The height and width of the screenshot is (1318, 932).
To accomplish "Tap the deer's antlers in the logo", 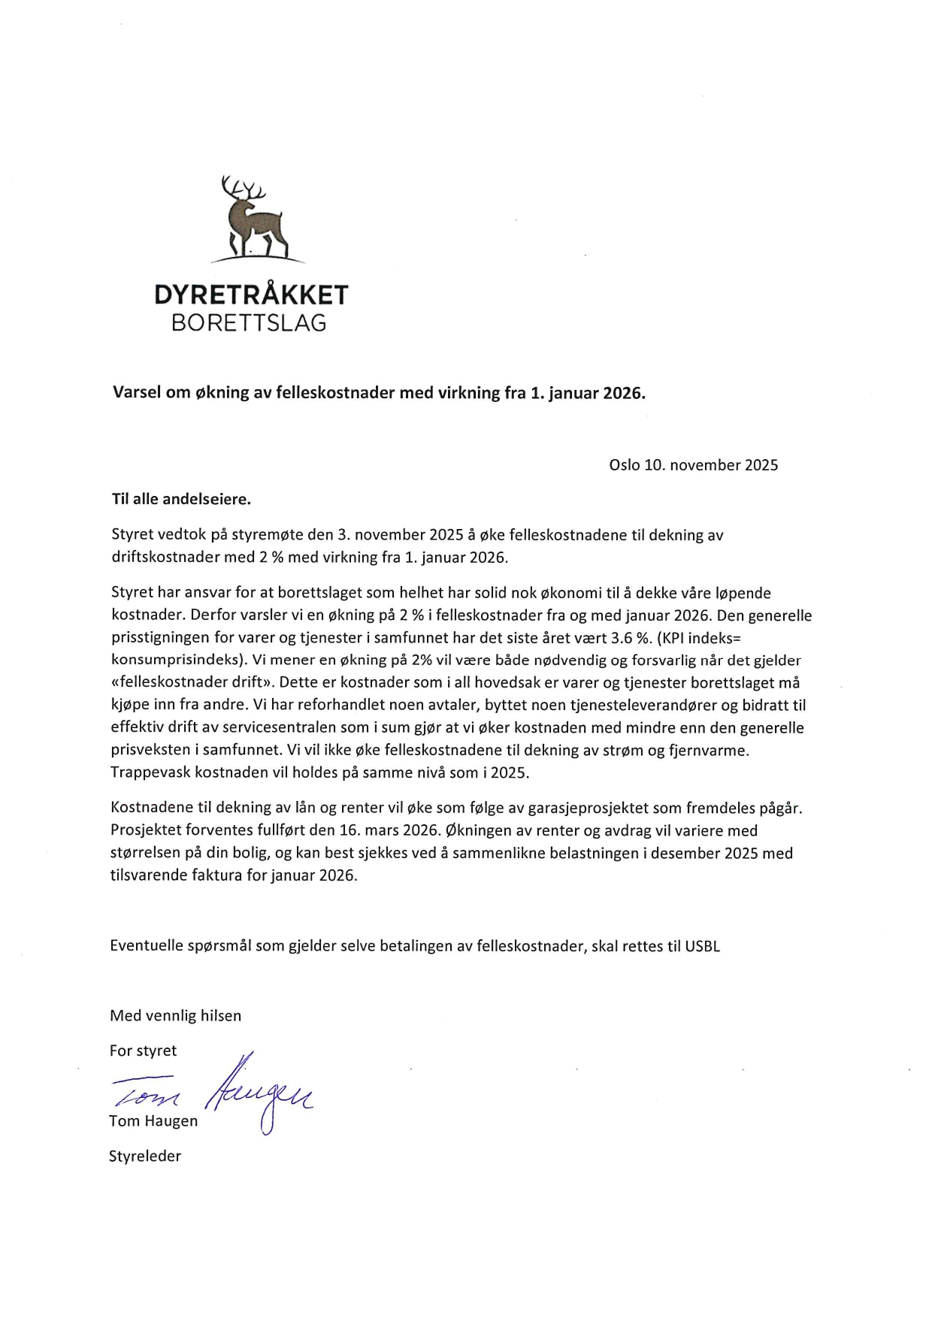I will pos(243,187).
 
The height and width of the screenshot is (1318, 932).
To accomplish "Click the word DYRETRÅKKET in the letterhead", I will pos(251,295).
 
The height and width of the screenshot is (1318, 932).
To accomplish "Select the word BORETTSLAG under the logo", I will pos(250,323).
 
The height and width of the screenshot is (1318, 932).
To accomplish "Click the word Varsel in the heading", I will pos(137,392).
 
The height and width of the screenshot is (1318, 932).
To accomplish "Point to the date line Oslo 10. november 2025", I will pos(693,465).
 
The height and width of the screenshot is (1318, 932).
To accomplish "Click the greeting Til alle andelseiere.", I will pos(180,500).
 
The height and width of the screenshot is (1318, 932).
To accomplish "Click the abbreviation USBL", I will pos(702,947).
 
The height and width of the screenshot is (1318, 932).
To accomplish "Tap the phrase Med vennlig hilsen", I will pos(176,1016).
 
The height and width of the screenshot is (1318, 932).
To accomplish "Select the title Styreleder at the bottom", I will pos(145,1156).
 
